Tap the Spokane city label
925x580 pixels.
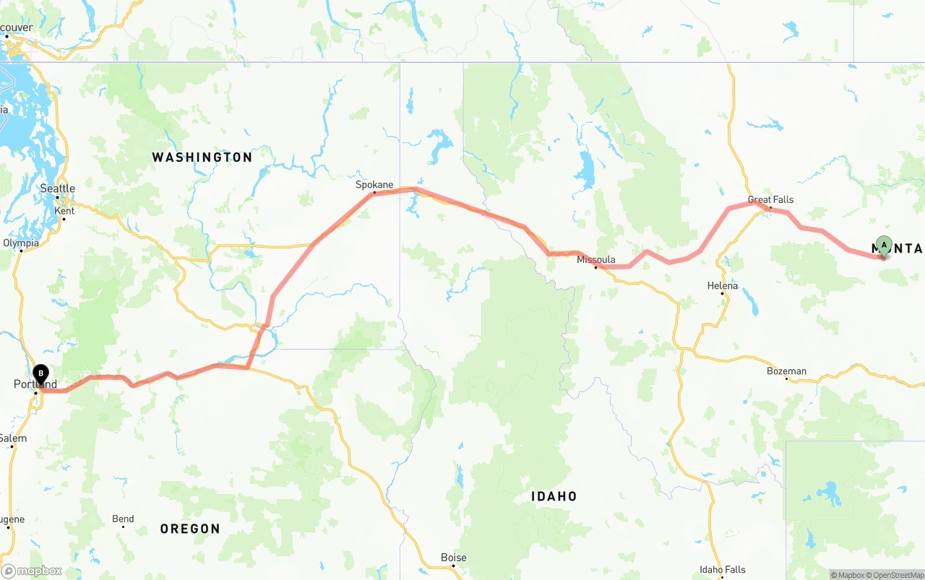click(x=374, y=185)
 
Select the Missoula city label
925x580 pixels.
click(x=596, y=260)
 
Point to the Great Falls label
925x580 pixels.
click(x=770, y=199)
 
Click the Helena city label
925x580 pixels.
click(x=723, y=286)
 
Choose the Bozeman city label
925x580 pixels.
click(x=786, y=371)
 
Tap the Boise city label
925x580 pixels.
click(x=454, y=558)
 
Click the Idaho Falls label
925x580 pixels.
click(x=723, y=570)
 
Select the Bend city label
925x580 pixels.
click(x=123, y=519)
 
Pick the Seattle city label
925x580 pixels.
click(x=58, y=189)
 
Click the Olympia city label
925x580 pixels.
click(x=21, y=243)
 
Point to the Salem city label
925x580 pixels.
click(x=13, y=438)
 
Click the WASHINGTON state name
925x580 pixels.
click(x=202, y=157)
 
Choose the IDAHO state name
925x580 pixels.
click(x=554, y=496)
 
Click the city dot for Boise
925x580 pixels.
click(x=453, y=566)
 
